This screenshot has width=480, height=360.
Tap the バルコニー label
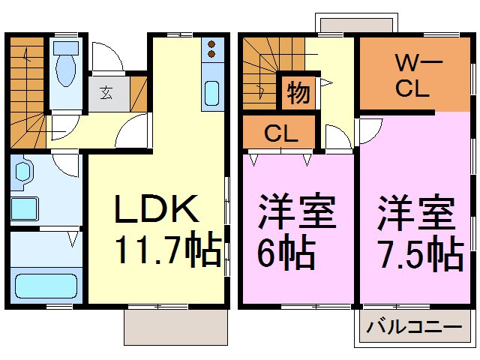414,328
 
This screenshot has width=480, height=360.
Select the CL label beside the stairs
280,135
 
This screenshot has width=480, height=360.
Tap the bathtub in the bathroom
46,286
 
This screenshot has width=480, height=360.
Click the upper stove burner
211,43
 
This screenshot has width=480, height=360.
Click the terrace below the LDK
175,325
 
